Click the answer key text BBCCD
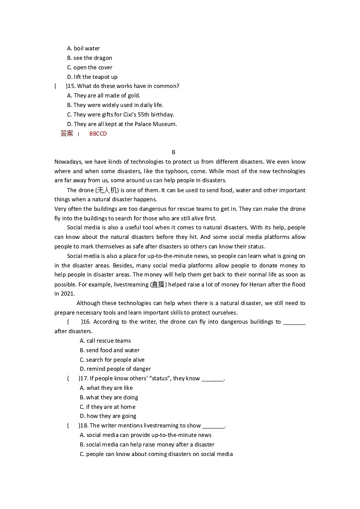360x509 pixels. (x=98, y=134)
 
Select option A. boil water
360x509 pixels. (x=83, y=48)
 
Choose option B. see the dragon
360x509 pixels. (x=89, y=58)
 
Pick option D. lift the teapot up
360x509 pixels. (x=92, y=77)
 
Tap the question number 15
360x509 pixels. (x=71, y=86)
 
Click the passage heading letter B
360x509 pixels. (x=174, y=152)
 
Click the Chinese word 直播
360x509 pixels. (x=158, y=285)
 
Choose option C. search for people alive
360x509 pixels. (x=112, y=360)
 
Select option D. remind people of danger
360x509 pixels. (x=115, y=369)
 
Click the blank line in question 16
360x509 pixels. (x=294, y=323)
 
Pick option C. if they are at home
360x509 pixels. (x=107, y=407)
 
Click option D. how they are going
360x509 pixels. (x=108, y=416)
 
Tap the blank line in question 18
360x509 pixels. (x=213, y=427)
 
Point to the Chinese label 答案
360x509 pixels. (x=67, y=134)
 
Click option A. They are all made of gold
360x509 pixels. (x=103, y=96)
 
